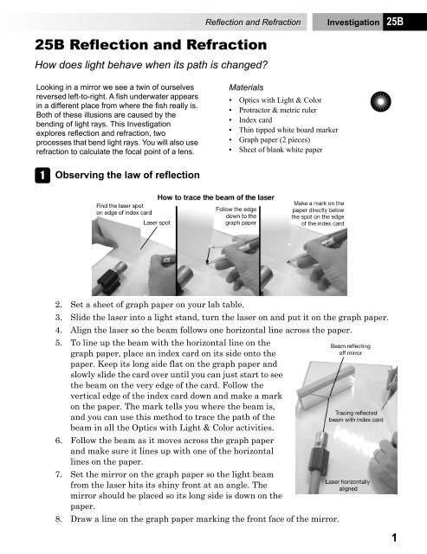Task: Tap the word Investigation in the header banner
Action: [x=353, y=23]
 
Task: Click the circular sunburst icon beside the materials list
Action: [x=381, y=101]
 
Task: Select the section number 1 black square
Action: [x=42, y=175]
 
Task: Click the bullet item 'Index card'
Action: [x=256, y=120]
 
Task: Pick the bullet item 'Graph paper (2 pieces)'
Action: [x=275, y=140]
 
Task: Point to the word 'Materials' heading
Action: [x=246, y=87]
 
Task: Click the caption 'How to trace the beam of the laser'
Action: [x=216, y=197]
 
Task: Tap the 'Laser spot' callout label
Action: [x=157, y=223]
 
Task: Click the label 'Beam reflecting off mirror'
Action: [x=350, y=350]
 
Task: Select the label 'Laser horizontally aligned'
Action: [x=348, y=485]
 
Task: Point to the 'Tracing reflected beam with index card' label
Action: [x=356, y=416]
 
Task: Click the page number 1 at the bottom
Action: [x=394, y=538]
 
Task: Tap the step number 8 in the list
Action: [x=58, y=519]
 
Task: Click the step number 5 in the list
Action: [x=58, y=343]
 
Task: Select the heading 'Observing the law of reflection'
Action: [x=127, y=175]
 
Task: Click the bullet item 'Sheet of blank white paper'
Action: [x=281, y=150]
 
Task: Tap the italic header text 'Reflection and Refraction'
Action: [x=253, y=23]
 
